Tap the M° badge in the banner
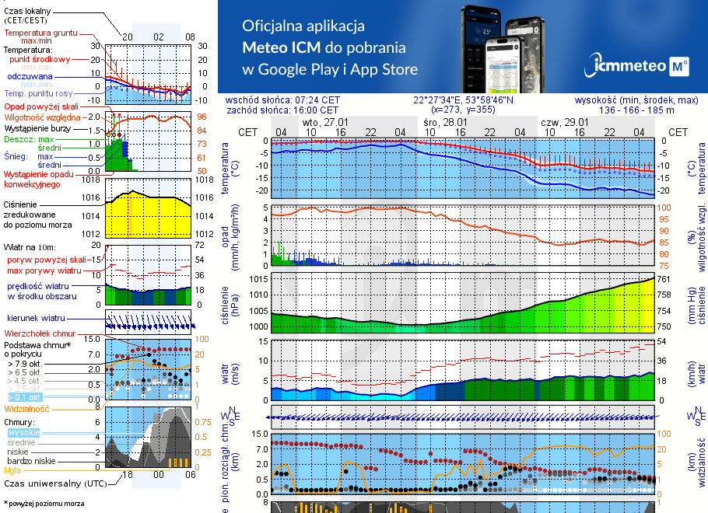678,67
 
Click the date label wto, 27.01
325,123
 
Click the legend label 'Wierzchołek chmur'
40,333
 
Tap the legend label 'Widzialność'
27,408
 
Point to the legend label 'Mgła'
12,469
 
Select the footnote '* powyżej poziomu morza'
44,504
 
